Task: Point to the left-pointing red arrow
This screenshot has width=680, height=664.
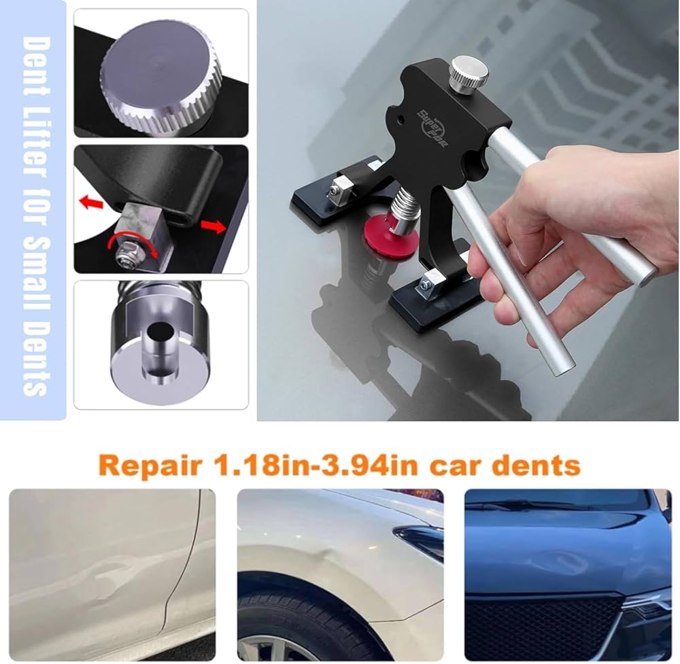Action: [x=90, y=203]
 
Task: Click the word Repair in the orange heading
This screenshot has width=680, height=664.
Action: [x=150, y=466]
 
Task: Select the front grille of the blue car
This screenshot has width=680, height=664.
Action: [x=544, y=625]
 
